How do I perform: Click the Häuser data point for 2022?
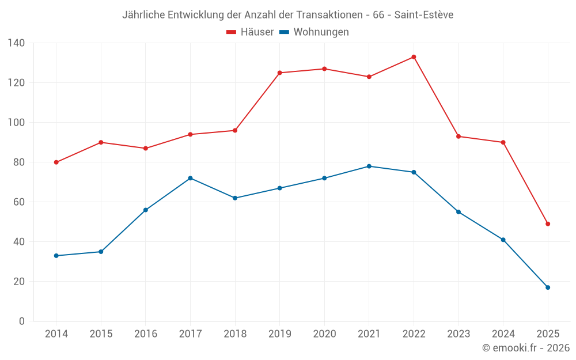pos(414,57)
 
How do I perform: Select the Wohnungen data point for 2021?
pos(369,166)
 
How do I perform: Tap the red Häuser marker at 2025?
pos(548,224)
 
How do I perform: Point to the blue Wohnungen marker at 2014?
pos(56,256)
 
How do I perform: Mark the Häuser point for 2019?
pos(280,73)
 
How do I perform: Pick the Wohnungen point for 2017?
pos(190,178)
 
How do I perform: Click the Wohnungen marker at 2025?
pos(548,287)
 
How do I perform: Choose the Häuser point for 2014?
pos(56,162)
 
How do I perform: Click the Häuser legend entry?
pos(250,32)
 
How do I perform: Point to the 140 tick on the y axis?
pos(17,43)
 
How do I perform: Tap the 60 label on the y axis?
pos(20,202)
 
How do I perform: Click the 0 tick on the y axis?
pos(22,321)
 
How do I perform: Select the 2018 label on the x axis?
pos(235,334)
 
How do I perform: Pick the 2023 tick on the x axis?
pos(458,334)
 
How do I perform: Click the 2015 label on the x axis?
pos(101,334)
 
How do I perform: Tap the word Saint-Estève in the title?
pos(425,15)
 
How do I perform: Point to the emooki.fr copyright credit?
pos(525,348)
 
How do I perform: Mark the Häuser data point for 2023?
pos(458,137)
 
